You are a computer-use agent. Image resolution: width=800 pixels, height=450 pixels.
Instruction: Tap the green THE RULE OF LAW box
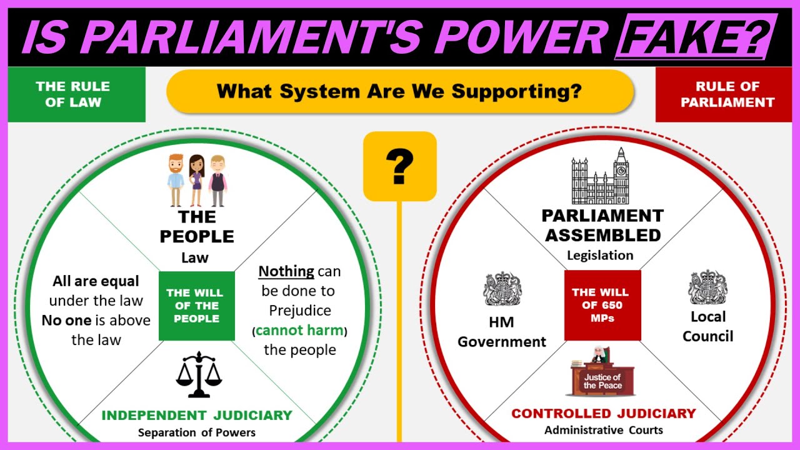click(76, 94)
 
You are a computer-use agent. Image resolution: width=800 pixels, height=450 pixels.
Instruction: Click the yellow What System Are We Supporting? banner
click(400, 91)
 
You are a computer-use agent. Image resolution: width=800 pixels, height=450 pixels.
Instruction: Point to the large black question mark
click(399, 166)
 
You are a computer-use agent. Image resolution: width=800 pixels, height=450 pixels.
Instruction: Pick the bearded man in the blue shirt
click(176, 181)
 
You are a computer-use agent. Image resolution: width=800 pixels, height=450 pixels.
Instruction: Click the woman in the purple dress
click(196, 181)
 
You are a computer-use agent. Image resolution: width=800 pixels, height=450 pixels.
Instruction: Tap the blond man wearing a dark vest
click(217, 181)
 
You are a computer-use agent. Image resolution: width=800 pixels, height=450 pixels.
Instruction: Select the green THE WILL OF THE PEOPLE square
click(197, 306)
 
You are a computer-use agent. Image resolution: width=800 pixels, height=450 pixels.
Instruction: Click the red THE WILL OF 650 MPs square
click(602, 306)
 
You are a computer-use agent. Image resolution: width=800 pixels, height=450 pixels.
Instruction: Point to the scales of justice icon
click(199, 374)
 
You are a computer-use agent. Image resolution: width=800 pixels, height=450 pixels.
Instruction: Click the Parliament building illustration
click(601, 176)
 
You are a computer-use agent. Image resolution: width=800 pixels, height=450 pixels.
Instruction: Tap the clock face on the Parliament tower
click(621, 171)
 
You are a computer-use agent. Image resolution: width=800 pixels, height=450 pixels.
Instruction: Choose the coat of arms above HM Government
click(502, 289)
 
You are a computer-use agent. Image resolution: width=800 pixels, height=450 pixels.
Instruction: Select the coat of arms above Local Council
click(707, 287)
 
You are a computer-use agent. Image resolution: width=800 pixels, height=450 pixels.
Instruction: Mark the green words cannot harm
click(299, 330)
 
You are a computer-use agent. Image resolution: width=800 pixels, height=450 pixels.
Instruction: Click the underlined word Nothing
click(286, 271)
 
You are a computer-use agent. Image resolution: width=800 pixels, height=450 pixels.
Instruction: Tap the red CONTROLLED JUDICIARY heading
click(604, 414)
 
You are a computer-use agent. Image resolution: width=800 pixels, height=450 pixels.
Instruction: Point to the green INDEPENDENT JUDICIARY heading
click(197, 416)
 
